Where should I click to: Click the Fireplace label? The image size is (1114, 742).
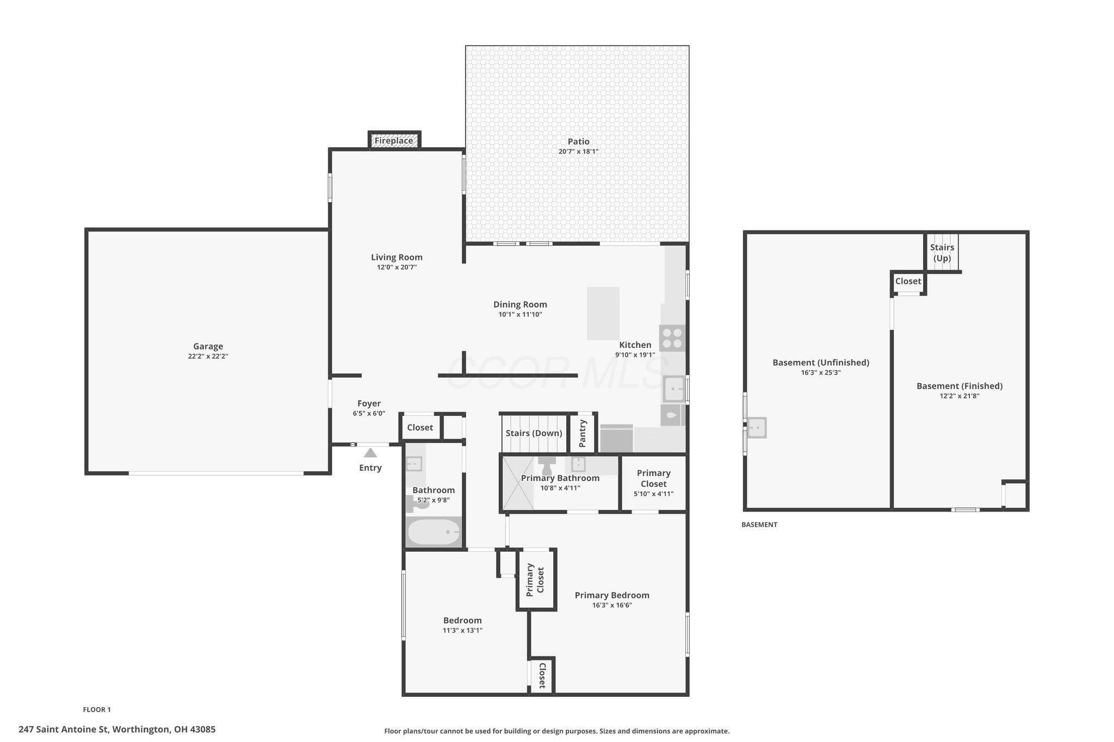point(393,141)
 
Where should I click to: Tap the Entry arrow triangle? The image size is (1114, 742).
point(370,453)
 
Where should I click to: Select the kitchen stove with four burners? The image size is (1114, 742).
point(672,338)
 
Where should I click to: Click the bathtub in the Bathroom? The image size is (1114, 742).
point(434,532)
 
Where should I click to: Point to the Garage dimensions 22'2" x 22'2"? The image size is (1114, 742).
point(208,357)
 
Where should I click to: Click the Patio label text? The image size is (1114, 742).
point(578,141)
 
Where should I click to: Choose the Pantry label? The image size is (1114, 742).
point(583,433)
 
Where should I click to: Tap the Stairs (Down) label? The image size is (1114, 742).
point(534,433)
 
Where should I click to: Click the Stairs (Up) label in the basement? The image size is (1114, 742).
point(942,253)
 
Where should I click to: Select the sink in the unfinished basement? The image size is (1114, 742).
point(756,428)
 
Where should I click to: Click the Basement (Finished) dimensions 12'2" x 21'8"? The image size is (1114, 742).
point(960,396)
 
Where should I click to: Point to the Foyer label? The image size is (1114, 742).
point(369,403)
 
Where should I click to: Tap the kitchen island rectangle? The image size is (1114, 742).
point(603,314)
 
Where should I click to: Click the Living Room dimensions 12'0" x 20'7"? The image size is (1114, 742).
point(397,267)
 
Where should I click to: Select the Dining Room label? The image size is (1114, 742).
point(520,304)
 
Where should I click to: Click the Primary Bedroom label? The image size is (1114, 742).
point(612,595)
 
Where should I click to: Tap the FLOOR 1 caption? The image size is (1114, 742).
point(97,709)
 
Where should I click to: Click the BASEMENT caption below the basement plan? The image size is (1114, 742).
point(759,525)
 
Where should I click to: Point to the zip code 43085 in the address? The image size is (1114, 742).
point(202,729)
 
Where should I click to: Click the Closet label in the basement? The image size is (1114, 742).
point(908,281)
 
